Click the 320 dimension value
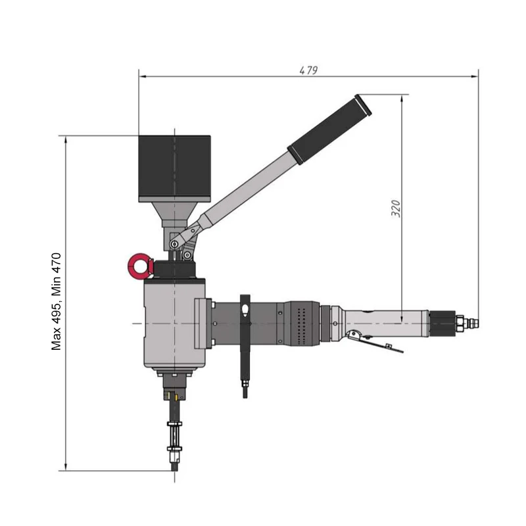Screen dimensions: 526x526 pyautogui.click(x=395, y=208)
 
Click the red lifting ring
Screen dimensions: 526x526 pyautogui.click(x=138, y=267)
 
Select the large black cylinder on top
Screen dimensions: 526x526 pyautogui.click(x=174, y=168)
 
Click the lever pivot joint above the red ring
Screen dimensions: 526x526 pyautogui.click(x=176, y=244)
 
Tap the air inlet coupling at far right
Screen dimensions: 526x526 pyautogui.click(x=472, y=323)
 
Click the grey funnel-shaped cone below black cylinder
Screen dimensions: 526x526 pyautogui.click(x=174, y=214)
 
